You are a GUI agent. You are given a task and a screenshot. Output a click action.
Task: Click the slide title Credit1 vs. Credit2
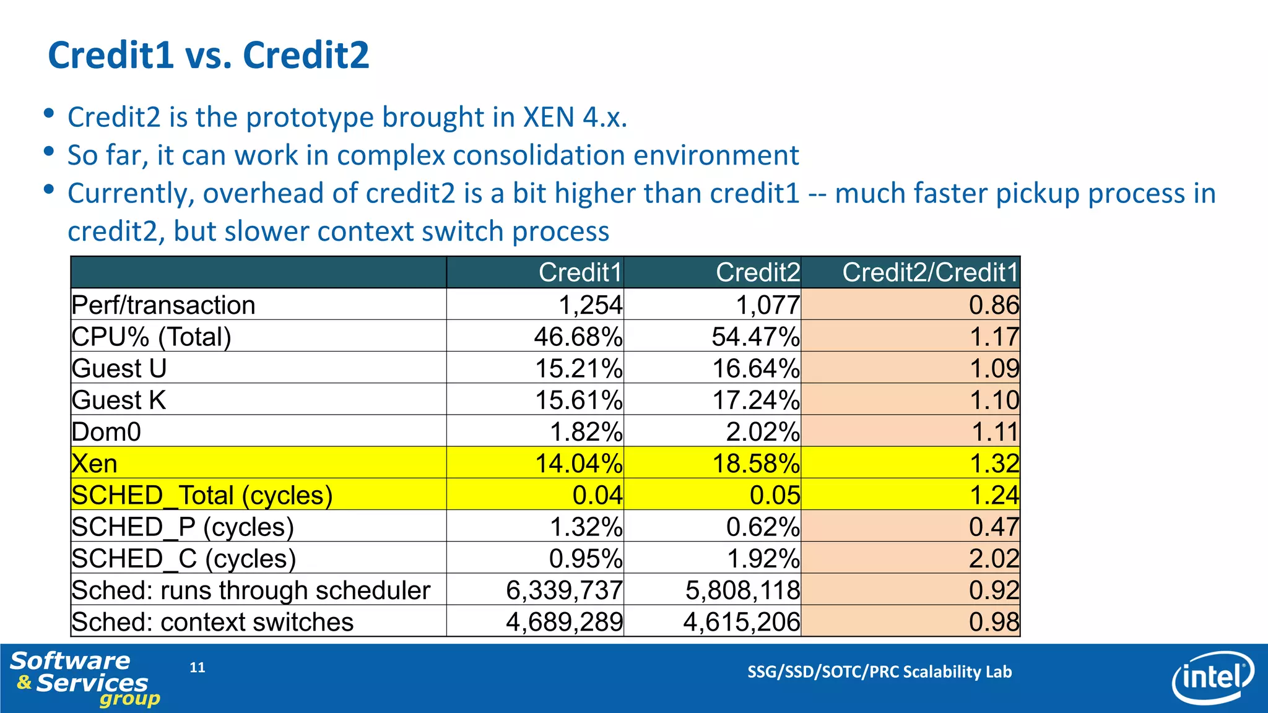click(x=208, y=56)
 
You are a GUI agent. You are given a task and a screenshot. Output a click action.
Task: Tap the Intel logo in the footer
click(x=1212, y=678)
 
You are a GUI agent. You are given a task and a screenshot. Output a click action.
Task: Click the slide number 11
click(x=197, y=667)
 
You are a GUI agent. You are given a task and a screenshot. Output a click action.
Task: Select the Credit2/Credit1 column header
click(x=930, y=272)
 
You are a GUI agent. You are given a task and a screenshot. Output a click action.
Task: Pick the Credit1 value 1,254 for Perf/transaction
click(x=590, y=305)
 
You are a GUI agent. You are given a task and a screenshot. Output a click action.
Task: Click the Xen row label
click(x=94, y=464)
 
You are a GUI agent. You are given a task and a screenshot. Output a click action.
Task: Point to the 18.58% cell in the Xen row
click(x=755, y=464)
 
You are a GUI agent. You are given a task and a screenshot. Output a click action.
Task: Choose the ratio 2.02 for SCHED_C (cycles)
click(x=994, y=558)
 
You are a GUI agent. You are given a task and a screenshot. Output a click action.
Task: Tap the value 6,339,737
click(x=564, y=590)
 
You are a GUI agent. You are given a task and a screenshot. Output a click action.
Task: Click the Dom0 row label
click(x=106, y=432)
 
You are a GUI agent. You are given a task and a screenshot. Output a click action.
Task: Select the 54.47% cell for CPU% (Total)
click(x=755, y=337)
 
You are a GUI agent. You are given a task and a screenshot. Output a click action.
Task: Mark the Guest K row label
click(x=118, y=400)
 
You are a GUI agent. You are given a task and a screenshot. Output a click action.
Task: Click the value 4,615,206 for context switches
click(x=741, y=622)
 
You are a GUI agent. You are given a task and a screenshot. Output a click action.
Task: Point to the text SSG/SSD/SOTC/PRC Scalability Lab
click(x=879, y=672)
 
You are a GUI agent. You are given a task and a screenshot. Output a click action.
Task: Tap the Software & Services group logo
click(x=80, y=678)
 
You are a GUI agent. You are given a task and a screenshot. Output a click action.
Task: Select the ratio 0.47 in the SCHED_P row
click(x=994, y=527)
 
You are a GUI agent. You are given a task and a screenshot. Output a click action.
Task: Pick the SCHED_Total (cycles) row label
click(x=202, y=495)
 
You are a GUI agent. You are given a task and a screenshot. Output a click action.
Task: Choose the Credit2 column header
click(x=758, y=272)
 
